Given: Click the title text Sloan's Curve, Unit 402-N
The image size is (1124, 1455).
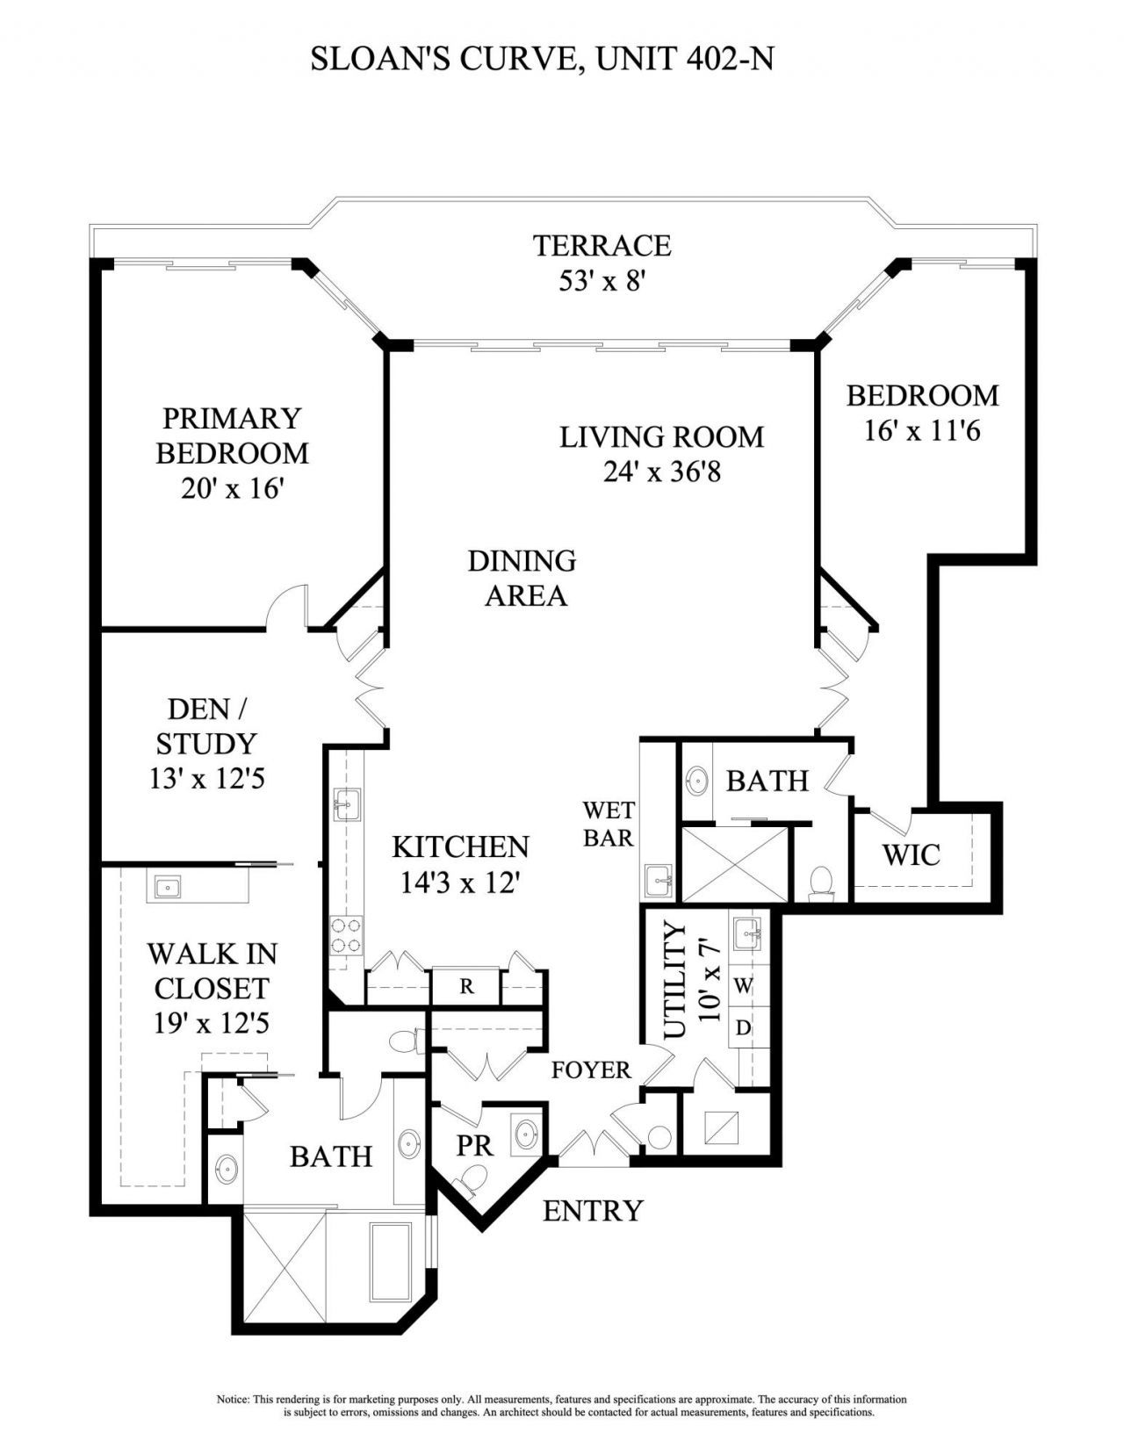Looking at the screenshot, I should tap(542, 59).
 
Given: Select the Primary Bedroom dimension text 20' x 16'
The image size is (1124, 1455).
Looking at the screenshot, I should tap(232, 488).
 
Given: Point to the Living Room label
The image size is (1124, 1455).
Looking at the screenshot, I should tap(661, 436).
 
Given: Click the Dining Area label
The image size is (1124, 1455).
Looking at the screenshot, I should tap(522, 578).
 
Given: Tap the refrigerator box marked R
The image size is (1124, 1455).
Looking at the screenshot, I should tap(466, 986).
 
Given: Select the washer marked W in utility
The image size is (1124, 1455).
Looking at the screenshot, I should tap(743, 986).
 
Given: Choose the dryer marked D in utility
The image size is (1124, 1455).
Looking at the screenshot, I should tap(743, 1027).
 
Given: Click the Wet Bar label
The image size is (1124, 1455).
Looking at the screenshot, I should tap(608, 824).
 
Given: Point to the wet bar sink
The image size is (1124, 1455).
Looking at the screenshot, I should tap(658, 876).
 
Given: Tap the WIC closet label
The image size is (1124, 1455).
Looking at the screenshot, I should tap(911, 854).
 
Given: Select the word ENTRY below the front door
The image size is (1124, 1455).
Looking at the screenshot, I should tap(593, 1211).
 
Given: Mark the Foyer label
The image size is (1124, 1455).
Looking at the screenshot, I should tap(591, 1070).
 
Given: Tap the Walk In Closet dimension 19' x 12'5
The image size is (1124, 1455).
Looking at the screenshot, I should tap(211, 1024).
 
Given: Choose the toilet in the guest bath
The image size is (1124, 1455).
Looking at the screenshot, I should tap(822, 882).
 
